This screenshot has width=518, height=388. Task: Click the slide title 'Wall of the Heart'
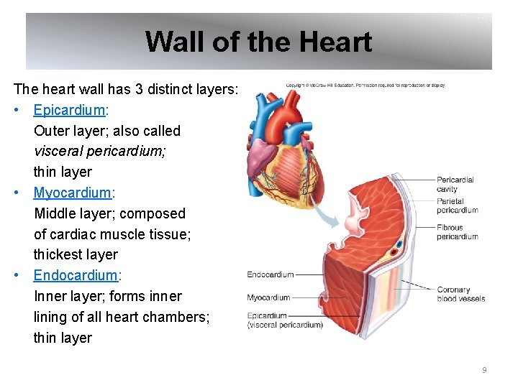coord(258,42)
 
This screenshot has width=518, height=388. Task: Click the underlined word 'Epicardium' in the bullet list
coord(70,110)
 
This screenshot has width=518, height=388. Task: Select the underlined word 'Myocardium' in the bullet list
coord(72,193)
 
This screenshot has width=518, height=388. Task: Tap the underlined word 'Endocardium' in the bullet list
coord(75,275)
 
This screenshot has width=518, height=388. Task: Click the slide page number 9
coord(484,370)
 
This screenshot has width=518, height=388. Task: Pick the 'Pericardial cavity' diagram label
coord(455,184)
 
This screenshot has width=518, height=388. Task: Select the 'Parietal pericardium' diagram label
coord(457,206)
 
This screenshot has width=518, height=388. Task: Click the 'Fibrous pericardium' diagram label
coord(457,232)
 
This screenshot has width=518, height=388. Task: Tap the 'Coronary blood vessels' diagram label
coord(460,294)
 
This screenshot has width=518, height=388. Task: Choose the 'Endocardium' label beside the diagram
coord(271,274)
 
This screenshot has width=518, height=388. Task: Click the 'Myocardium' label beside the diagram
coord(268,297)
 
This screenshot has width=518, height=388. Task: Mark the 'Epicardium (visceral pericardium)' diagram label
coord(284,320)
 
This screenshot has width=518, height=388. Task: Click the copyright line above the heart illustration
coord(365,86)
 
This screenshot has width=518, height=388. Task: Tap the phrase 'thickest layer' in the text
coord(76,254)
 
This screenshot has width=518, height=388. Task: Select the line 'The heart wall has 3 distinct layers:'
coord(126,89)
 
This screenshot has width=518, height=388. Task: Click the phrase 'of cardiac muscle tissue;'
coord(112,234)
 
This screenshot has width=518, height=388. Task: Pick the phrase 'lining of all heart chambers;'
coord(122,316)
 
